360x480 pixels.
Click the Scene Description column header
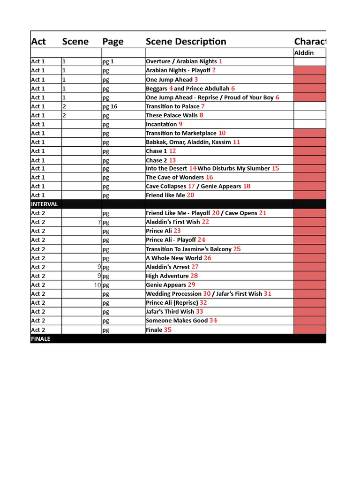(x=186, y=42)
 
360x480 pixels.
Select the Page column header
(x=113, y=42)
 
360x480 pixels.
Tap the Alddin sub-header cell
(x=304, y=53)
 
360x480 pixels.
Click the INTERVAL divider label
(x=45, y=204)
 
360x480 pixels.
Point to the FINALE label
(x=41, y=339)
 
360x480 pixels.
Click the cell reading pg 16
(x=110, y=106)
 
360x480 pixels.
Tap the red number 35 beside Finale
(x=168, y=330)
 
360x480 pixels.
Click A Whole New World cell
(x=173, y=258)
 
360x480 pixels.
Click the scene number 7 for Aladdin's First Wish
(x=99, y=222)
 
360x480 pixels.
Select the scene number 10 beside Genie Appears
(x=97, y=285)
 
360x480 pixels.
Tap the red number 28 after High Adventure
(x=194, y=276)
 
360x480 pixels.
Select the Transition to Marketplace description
(x=181, y=133)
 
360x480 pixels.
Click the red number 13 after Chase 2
(x=172, y=160)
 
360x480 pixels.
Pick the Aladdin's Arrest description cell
(x=168, y=267)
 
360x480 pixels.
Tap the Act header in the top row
(x=38, y=42)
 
